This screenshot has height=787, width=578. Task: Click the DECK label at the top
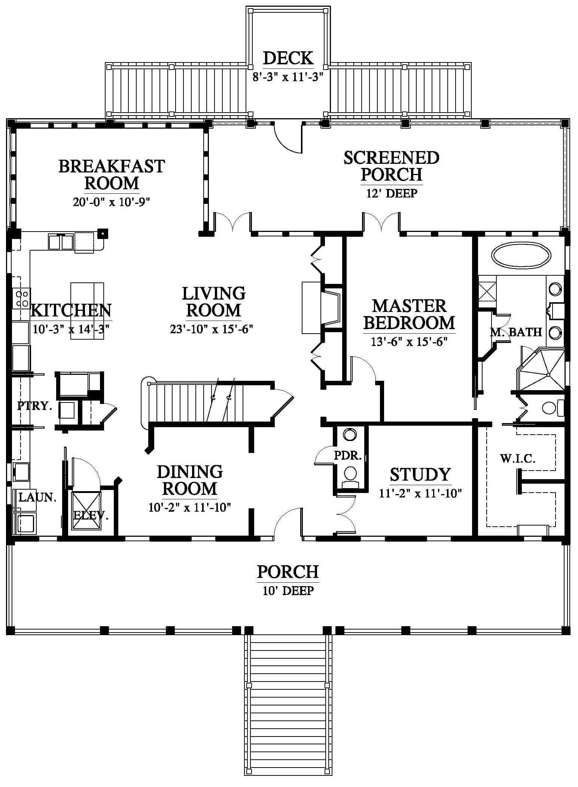tap(288, 58)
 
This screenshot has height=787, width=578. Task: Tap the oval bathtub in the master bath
tap(521, 256)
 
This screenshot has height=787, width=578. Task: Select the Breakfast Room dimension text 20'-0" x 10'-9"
tap(112, 202)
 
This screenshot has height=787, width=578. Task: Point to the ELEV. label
tap(91, 515)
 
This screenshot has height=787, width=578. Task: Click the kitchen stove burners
tap(21, 298)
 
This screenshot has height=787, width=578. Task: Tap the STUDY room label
tap(420, 474)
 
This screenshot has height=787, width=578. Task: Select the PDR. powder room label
tap(348, 456)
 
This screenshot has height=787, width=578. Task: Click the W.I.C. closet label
tap(518, 458)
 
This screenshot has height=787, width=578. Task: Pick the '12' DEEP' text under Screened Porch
tap(392, 193)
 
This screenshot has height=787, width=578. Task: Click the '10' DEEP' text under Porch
tap(288, 590)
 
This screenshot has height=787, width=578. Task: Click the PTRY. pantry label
tap(34, 405)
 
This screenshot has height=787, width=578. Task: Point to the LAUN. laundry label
tap(37, 497)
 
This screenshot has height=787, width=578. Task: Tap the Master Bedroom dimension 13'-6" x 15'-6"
tap(409, 342)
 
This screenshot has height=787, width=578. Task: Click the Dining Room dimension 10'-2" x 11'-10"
tap(190, 507)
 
